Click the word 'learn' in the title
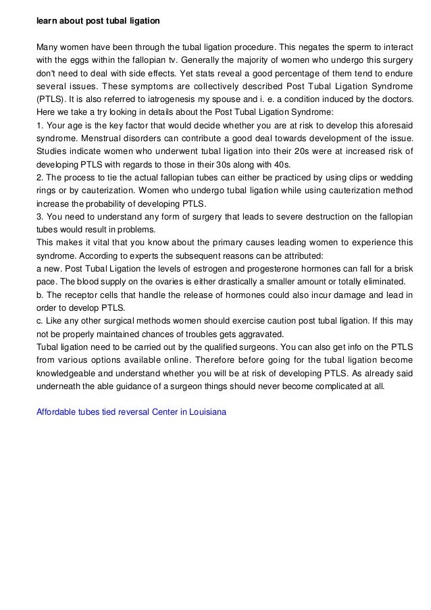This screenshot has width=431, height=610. click(47, 21)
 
